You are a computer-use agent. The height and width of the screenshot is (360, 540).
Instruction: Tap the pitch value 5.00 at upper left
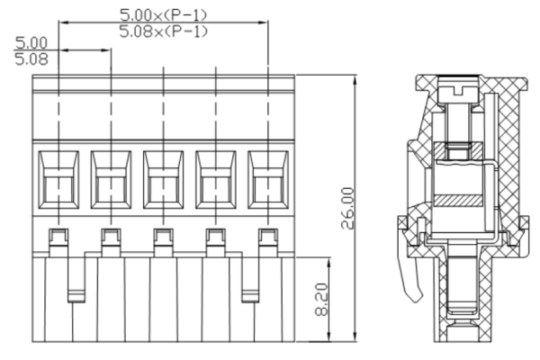(x=31, y=42)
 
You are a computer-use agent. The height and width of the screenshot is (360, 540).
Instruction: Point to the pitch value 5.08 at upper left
(x=31, y=59)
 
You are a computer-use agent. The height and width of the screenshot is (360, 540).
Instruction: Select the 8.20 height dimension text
(x=321, y=301)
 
